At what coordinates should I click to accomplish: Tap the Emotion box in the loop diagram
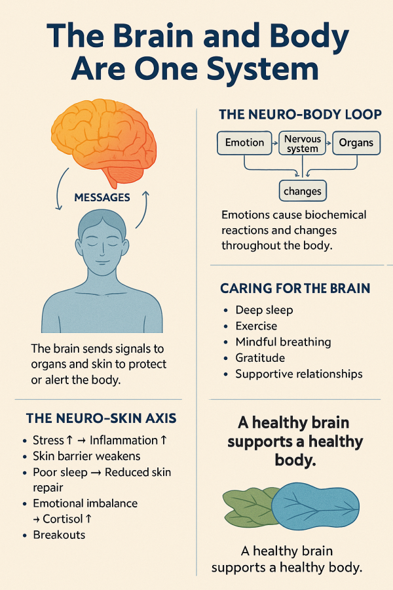pyautogui.click(x=244, y=143)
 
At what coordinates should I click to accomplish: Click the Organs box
pyautogui.click(x=356, y=143)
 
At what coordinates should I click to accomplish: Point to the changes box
pyautogui.click(x=303, y=191)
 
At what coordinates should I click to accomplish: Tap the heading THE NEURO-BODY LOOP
pyautogui.click(x=300, y=115)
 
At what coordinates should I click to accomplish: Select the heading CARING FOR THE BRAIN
pyautogui.click(x=295, y=288)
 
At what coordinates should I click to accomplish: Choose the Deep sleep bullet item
pyautogui.click(x=264, y=310)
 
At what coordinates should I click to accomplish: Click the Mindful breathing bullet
pyautogui.click(x=283, y=342)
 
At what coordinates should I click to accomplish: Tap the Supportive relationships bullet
pyautogui.click(x=299, y=374)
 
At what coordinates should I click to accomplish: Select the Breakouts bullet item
pyautogui.click(x=59, y=535)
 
